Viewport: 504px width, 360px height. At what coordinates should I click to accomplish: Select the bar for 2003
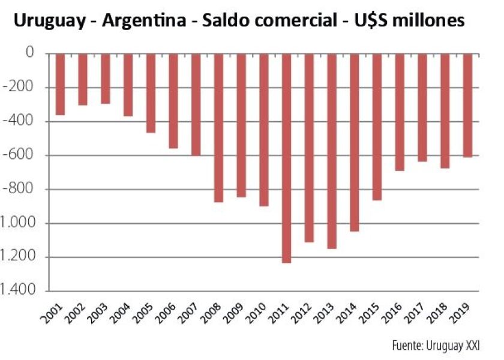pyautogui.click(x=106, y=87)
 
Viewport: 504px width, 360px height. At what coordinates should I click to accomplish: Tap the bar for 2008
pyautogui.click(x=218, y=127)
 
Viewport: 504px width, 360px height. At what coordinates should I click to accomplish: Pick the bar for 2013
pyautogui.click(x=332, y=151)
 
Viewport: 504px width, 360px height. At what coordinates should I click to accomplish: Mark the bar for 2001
pyautogui.click(x=60, y=84)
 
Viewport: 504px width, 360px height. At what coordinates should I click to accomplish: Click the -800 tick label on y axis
pyautogui.click(x=22, y=190)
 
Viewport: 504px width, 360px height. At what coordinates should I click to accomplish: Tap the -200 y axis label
pyautogui.click(x=22, y=88)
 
